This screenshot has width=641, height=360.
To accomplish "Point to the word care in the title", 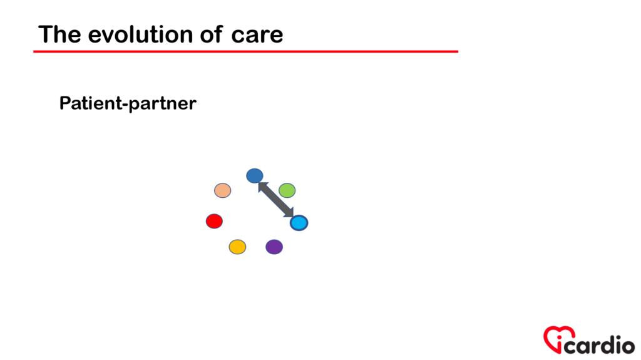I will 257,35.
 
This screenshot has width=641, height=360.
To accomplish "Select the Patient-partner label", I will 128,103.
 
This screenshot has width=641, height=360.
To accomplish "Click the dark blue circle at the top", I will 254,176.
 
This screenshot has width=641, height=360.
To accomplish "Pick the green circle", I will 287,190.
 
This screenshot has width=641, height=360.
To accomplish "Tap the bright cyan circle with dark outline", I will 299,222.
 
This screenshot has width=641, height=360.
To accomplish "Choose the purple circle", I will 274,247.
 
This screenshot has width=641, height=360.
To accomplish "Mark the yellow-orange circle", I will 237,247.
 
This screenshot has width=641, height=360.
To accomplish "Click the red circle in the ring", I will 214,221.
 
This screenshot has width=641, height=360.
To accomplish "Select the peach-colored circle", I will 222,190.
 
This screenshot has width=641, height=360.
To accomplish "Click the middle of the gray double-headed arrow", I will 276,200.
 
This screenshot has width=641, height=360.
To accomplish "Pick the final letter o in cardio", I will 626,345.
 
